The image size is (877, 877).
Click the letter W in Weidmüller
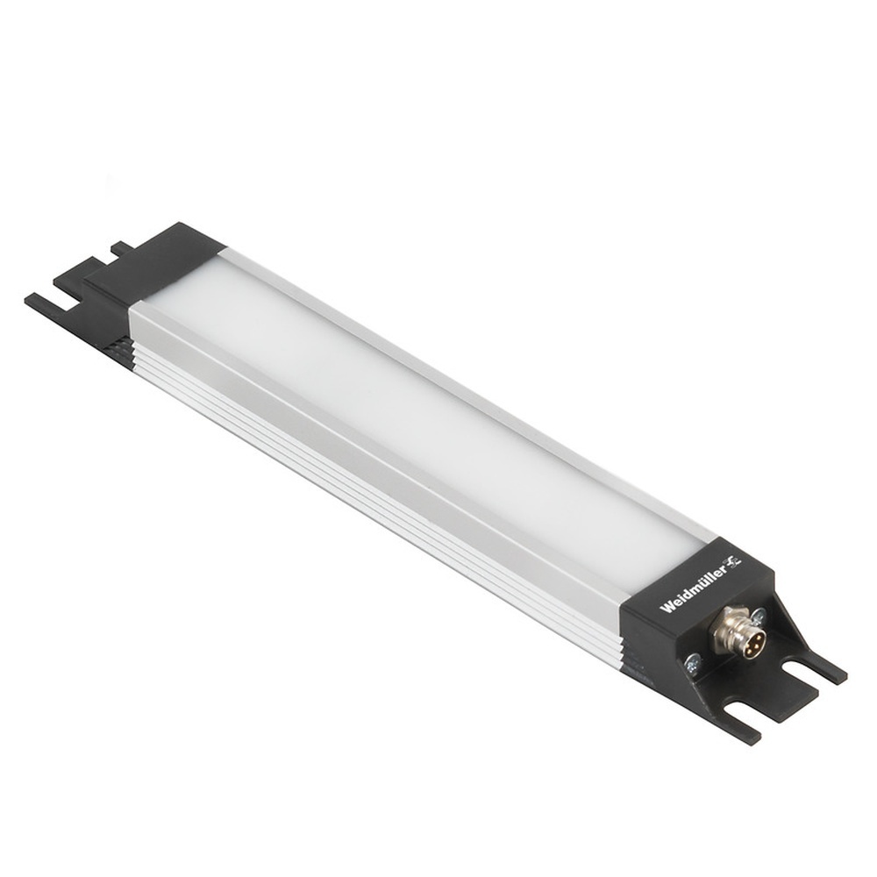coord(665,605)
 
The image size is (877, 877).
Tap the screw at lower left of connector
coord(693,664)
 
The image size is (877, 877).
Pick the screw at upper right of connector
coord(759,616)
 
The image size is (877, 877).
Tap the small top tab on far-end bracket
coord(121,247)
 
